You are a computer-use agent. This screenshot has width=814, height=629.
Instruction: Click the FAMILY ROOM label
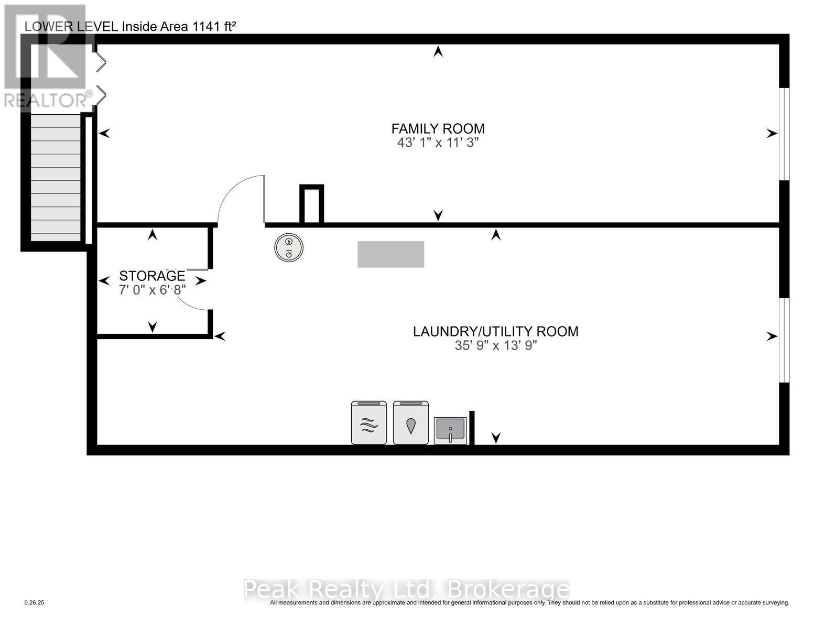(438, 128)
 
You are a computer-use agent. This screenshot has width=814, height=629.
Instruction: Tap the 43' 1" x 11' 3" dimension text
(438, 143)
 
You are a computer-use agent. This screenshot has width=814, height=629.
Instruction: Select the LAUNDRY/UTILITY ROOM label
(496, 331)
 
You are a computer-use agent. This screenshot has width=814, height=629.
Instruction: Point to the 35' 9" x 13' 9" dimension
(496, 345)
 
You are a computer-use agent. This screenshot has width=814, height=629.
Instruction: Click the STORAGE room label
(152, 276)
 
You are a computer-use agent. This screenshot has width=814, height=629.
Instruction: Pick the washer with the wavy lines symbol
(369, 422)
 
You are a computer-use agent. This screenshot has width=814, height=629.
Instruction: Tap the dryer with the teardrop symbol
(411, 422)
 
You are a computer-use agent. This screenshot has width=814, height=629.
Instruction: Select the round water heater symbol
(289, 247)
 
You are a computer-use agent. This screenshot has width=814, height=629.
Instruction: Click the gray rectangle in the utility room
(390, 254)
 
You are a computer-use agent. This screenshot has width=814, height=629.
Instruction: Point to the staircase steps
(56, 178)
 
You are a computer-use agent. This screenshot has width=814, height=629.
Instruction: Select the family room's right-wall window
(784, 134)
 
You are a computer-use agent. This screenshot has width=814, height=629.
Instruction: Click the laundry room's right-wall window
(784, 340)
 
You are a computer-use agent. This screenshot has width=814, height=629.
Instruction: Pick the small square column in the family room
(311, 204)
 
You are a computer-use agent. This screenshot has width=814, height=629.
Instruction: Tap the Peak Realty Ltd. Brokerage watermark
(407, 590)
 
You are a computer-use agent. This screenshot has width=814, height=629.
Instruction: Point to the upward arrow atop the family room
(438, 51)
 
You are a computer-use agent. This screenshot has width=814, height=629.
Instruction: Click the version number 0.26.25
(35, 603)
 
